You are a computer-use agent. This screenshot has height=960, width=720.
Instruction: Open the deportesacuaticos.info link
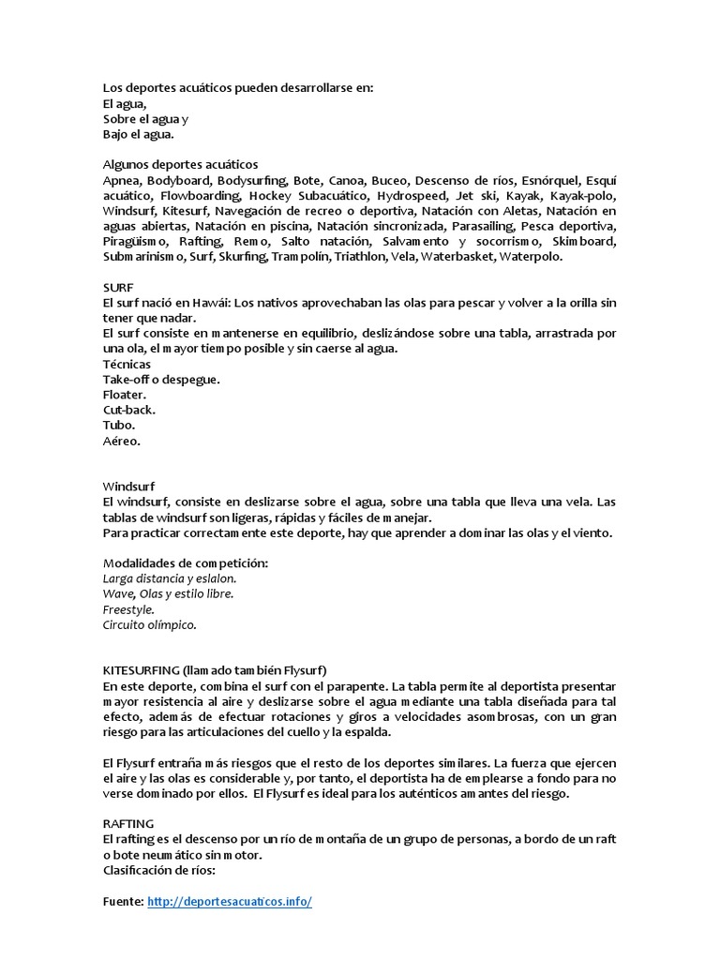point(230,901)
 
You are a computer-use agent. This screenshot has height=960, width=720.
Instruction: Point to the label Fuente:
point(124,901)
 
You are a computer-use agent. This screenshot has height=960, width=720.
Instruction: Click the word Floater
point(126,394)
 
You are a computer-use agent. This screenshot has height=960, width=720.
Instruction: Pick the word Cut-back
point(129,409)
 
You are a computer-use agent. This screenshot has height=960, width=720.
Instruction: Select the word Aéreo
point(122,440)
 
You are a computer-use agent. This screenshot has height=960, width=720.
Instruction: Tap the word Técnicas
point(127,364)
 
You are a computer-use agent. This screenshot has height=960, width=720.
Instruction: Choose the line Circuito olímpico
point(150,623)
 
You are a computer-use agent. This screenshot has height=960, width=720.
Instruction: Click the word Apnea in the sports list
point(122,180)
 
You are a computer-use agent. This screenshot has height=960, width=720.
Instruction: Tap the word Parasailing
point(483,226)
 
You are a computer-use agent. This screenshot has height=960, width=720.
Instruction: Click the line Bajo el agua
point(139,134)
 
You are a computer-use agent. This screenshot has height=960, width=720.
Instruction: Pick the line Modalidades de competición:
point(186,562)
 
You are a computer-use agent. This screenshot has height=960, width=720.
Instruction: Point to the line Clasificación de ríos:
point(159,869)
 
